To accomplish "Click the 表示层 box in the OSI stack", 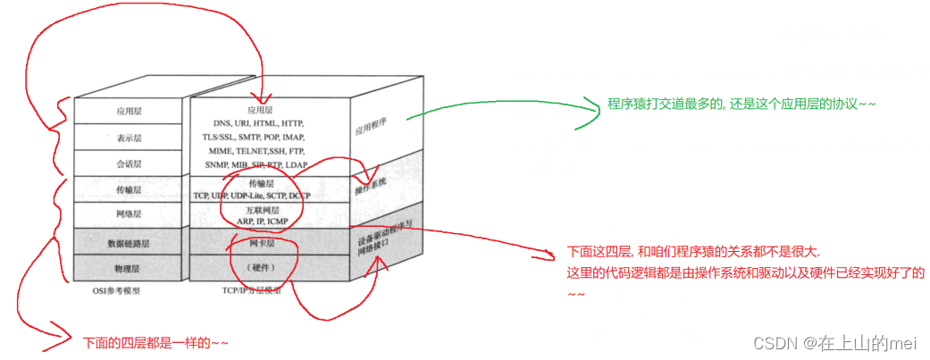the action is [124, 138].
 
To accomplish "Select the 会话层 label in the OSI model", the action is [124, 164].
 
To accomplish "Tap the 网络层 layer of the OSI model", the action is [124, 215].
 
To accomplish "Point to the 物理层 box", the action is [124, 267].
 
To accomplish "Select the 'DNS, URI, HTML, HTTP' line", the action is [258, 122].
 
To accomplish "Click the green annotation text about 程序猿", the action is [741, 105].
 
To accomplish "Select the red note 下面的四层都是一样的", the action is [155, 341].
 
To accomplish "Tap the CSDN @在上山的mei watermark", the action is [835, 342].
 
